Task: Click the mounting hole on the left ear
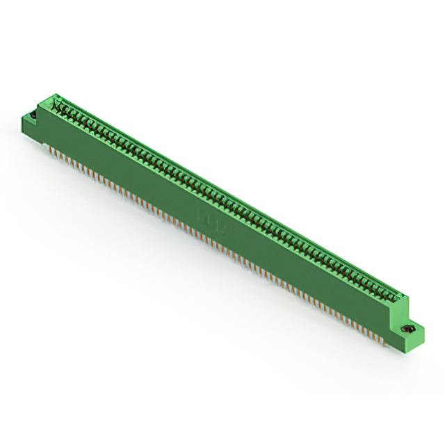click(x=33, y=113)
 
